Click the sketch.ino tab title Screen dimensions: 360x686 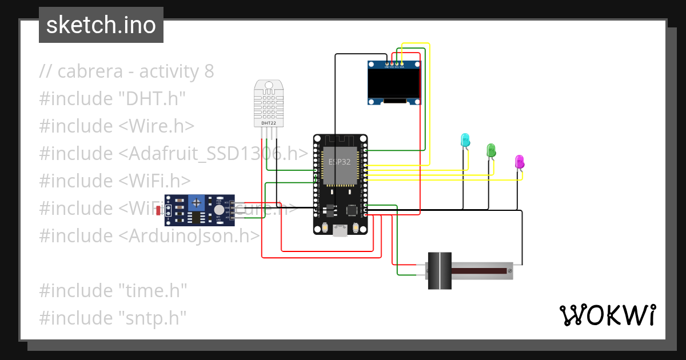tap(101, 25)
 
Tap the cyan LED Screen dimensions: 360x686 tap(465, 139)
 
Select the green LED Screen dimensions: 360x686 tap(490, 150)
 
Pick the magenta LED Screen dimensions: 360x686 tap(519, 161)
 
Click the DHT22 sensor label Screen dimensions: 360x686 tap(269, 123)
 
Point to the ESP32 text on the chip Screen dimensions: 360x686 tap(339, 162)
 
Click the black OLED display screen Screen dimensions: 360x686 tap(394, 83)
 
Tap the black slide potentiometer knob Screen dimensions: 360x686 tap(440, 270)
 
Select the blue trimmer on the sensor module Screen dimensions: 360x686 tap(197, 202)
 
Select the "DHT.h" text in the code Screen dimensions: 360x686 tap(153, 99)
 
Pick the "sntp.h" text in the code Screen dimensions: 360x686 tap(153, 317)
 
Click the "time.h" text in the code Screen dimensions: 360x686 tap(153, 290)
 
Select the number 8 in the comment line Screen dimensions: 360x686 tap(209, 71)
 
